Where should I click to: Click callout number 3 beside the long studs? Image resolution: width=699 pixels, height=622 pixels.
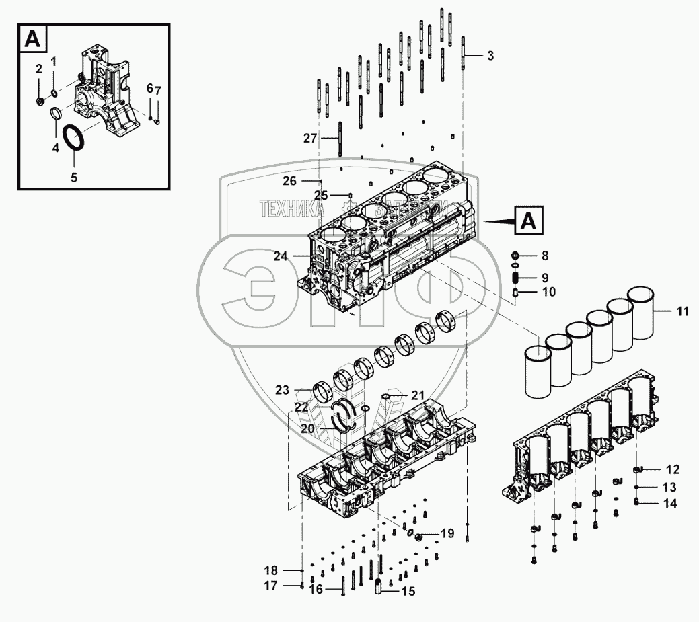[490, 56]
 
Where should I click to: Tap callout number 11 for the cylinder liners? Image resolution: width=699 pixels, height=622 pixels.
[682, 311]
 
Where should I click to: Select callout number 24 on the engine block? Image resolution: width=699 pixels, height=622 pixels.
[281, 256]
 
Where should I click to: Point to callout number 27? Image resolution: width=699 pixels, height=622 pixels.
[309, 138]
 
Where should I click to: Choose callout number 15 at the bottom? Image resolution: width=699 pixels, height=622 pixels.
[408, 592]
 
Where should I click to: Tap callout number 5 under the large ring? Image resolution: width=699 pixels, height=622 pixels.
[74, 178]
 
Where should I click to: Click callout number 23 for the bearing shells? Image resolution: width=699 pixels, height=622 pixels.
[282, 389]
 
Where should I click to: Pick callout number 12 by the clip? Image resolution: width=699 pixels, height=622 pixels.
[672, 469]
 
